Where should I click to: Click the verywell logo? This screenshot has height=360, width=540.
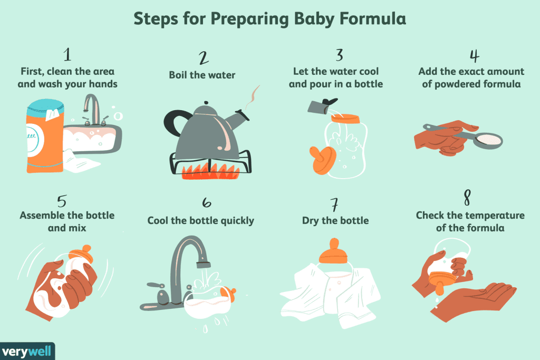27,351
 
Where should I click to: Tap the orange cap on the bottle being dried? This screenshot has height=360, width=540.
333,252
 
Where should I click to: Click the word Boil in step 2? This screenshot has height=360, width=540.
179,75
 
